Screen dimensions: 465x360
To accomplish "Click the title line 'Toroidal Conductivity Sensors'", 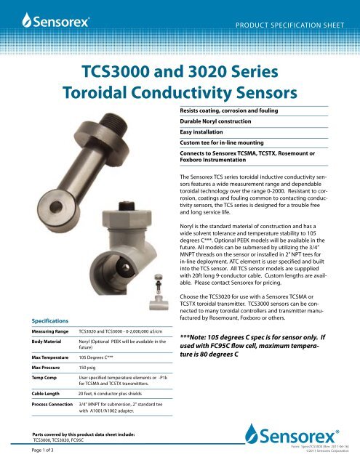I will [180, 94].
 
